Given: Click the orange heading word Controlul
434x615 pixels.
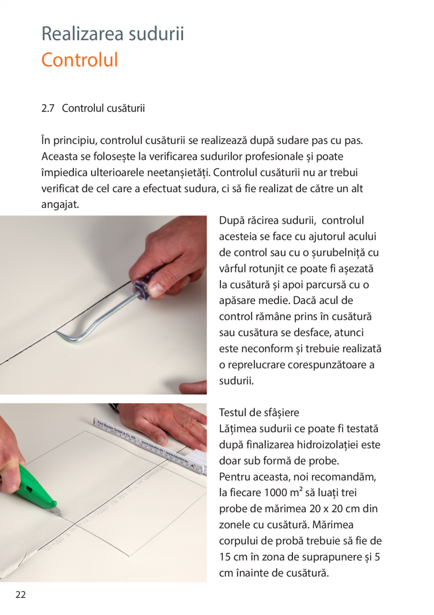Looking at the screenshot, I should (79, 60).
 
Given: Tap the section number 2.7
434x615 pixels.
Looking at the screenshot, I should (48, 108).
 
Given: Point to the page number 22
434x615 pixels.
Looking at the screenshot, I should (20, 595).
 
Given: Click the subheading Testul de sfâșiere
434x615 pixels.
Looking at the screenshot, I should (259, 413).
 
